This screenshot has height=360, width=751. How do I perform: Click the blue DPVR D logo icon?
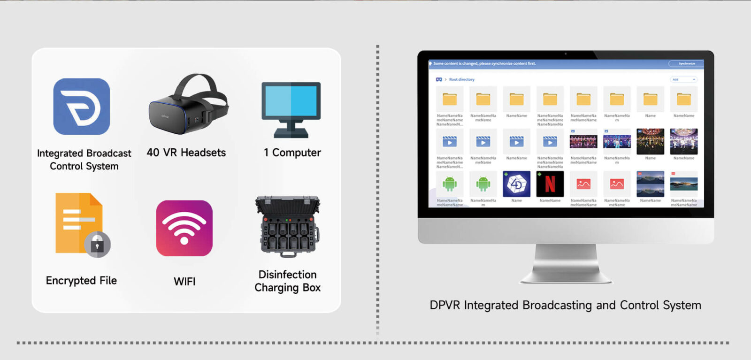tap(81, 107)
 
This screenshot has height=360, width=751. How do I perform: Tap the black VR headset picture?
tap(188, 106)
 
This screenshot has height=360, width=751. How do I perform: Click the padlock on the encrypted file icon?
tap(97, 245)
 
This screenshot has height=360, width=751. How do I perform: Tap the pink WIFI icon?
tap(184, 228)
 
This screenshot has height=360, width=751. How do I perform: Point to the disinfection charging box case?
tap(287, 227)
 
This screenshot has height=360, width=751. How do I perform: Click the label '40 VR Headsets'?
tap(186, 153)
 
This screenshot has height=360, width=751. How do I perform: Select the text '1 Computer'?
tap(292, 153)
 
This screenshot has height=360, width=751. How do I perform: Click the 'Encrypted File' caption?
tap(81, 281)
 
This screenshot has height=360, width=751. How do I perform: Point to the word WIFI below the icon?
tap(184, 282)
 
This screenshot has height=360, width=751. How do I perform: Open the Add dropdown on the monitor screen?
tap(683, 80)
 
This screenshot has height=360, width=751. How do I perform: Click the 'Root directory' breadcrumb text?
tap(461, 80)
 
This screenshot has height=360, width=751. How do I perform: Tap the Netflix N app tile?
tap(550, 184)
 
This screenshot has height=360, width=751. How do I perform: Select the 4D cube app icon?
tap(516, 184)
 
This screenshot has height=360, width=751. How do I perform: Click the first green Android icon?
tap(450, 184)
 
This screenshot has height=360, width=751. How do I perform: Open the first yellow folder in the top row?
tap(450, 99)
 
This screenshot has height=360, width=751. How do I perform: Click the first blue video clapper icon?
tap(450, 141)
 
